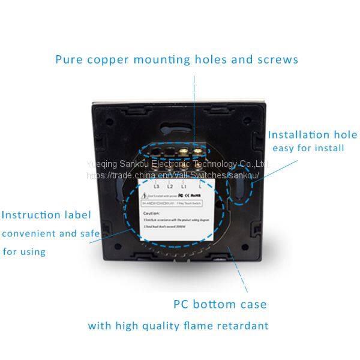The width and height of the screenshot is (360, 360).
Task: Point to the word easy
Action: point(284,148)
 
